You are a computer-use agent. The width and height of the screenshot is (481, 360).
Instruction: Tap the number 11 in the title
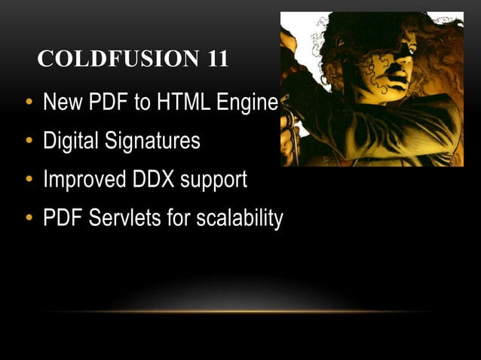coord(214,59)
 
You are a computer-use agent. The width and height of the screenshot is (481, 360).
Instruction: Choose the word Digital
coord(72,142)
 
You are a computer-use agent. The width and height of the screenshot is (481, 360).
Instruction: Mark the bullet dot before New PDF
coord(29,103)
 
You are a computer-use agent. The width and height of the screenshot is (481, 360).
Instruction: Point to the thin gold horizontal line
coord(240,312)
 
